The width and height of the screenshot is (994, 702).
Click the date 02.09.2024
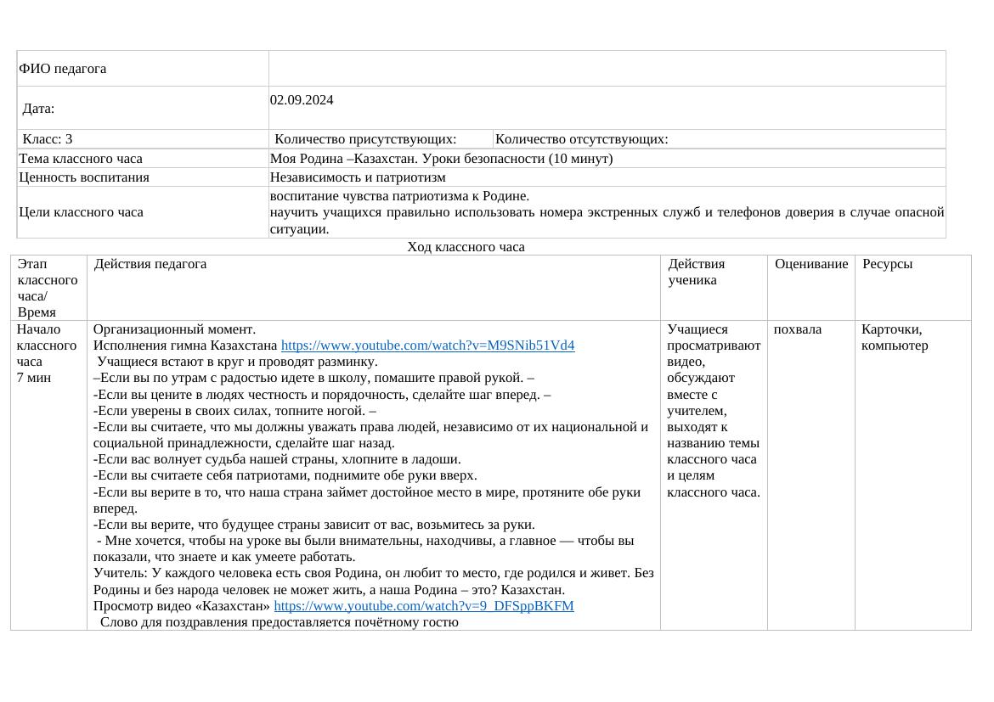click(x=302, y=100)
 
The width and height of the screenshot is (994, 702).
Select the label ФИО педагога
click(x=63, y=69)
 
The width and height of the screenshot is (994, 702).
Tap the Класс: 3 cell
click(x=48, y=139)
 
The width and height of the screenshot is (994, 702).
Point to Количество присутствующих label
click(x=365, y=139)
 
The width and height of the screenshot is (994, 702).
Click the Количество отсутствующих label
click(x=581, y=139)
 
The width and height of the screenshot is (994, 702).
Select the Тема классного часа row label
click(x=81, y=159)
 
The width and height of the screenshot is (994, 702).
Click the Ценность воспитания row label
click(x=84, y=177)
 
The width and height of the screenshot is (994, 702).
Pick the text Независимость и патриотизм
click(x=358, y=177)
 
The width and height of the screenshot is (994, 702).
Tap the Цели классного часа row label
click(x=81, y=212)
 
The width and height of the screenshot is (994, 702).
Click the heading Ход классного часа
click(x=466, y=247)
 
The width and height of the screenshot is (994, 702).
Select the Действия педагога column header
click(x=150, y=264)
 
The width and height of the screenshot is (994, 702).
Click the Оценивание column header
click(x=811, y=264)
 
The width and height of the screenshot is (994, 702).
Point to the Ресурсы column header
click(x=887, y=264)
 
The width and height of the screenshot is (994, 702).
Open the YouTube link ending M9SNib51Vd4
click(x=427, y=345)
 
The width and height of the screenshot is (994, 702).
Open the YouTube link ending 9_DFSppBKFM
click(x=423, y=606)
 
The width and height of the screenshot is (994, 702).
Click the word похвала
click(x=797, y=329)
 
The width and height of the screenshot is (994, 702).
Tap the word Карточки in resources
click(x=891, y=329)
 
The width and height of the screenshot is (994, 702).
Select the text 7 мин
click(x=34, y=378)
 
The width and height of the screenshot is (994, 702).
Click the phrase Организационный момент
click(x=174, y=329)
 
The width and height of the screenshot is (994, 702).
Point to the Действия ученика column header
click(x=697, y=272)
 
